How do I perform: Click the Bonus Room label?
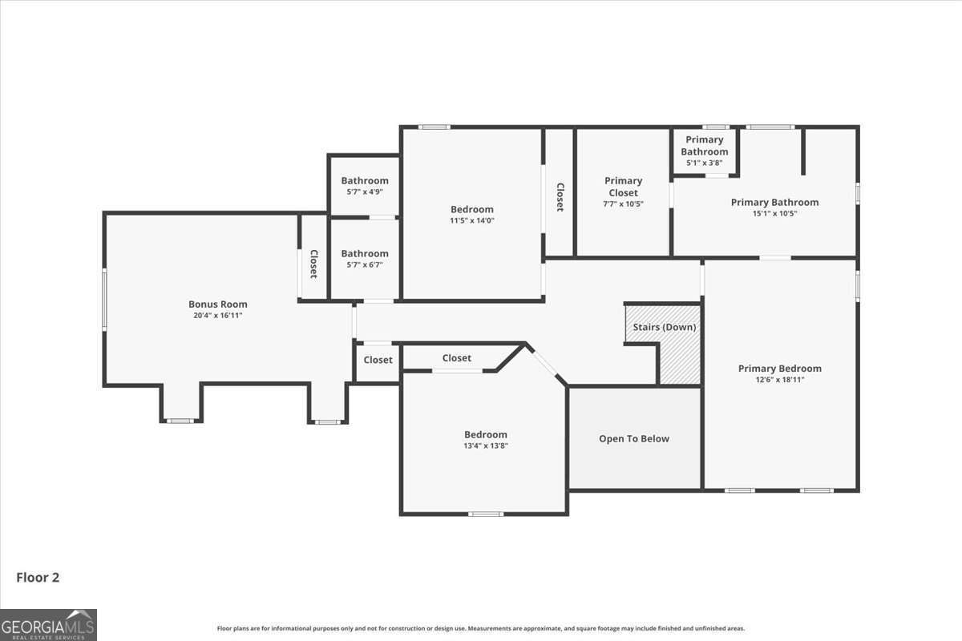(x=218, y=304)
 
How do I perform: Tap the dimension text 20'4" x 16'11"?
(x=218, y=316)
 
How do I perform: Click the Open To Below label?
(x=634, y=438)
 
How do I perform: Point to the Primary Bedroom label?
(x=780, y=369)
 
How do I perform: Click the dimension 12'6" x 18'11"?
(x=780, y=380)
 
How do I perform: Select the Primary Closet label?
(x=624, y=187)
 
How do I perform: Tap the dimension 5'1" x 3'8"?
(x=705, y=163)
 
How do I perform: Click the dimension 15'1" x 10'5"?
(x=774, y=214)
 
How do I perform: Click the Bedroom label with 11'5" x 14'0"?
(x=472, y=210)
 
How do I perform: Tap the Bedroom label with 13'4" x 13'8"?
(x=485, y=434)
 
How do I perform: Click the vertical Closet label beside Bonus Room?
(x=313, y=264)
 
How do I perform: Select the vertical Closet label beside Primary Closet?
(x=560, y=197)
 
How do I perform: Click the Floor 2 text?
(x=38, y=577)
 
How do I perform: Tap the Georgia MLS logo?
(x=48, y=624)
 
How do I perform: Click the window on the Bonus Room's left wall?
(x=104, y=299)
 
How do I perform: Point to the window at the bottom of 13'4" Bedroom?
(x=486, y=514)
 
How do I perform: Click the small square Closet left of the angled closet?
(x=378, y=360)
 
